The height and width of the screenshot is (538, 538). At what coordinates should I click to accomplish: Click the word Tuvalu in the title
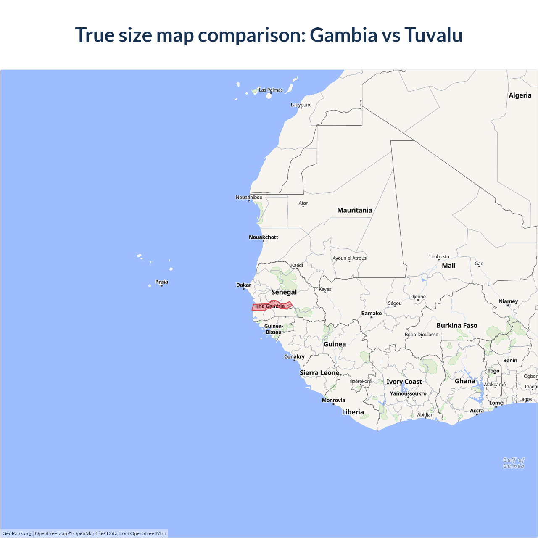tap(433, 35)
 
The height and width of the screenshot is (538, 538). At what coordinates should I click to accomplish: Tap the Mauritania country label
tap(354, 210)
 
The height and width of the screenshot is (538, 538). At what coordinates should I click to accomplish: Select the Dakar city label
tap(244, 285)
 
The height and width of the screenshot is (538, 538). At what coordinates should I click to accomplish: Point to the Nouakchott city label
tap(264, 237)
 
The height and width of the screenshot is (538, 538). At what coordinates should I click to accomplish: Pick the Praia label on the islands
tap(162, 282)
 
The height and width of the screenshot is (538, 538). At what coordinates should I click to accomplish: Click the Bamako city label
tap(372, 314)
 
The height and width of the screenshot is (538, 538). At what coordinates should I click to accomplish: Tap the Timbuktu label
tap(439, 256)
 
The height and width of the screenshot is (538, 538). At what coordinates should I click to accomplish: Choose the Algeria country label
tap(520, 95)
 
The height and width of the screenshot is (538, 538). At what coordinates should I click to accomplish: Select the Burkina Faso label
tap(457, 325)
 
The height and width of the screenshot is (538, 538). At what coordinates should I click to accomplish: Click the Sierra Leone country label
tap(319, 373)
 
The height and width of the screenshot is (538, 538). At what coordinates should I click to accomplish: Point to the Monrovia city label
tap(333, 400)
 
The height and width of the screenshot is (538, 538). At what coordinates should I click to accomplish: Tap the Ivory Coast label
tap(404, 382)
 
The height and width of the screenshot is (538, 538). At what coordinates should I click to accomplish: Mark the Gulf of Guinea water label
tap(514, 463)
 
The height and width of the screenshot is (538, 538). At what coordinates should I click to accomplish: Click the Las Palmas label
tap(271, 90)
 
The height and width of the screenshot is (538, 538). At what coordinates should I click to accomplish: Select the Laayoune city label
tap(301, 105)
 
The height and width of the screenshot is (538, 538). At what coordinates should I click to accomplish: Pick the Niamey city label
tap(508, 301)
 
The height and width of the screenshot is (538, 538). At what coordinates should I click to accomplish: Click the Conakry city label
tap(294, 356)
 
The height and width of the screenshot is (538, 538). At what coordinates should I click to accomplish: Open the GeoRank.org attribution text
tap(17, 533)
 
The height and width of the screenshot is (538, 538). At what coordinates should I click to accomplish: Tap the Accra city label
tap(477, 411)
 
